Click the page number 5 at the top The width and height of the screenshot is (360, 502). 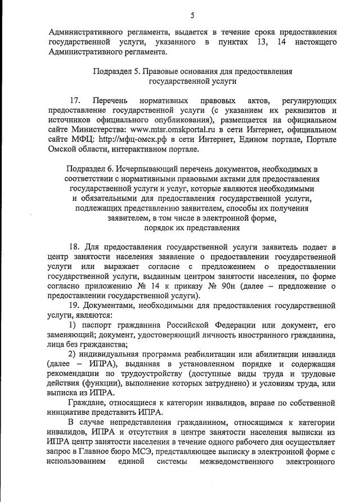click(192, 15)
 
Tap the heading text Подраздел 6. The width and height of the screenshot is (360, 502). click(89, 168)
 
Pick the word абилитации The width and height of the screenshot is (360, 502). click(269, 354)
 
